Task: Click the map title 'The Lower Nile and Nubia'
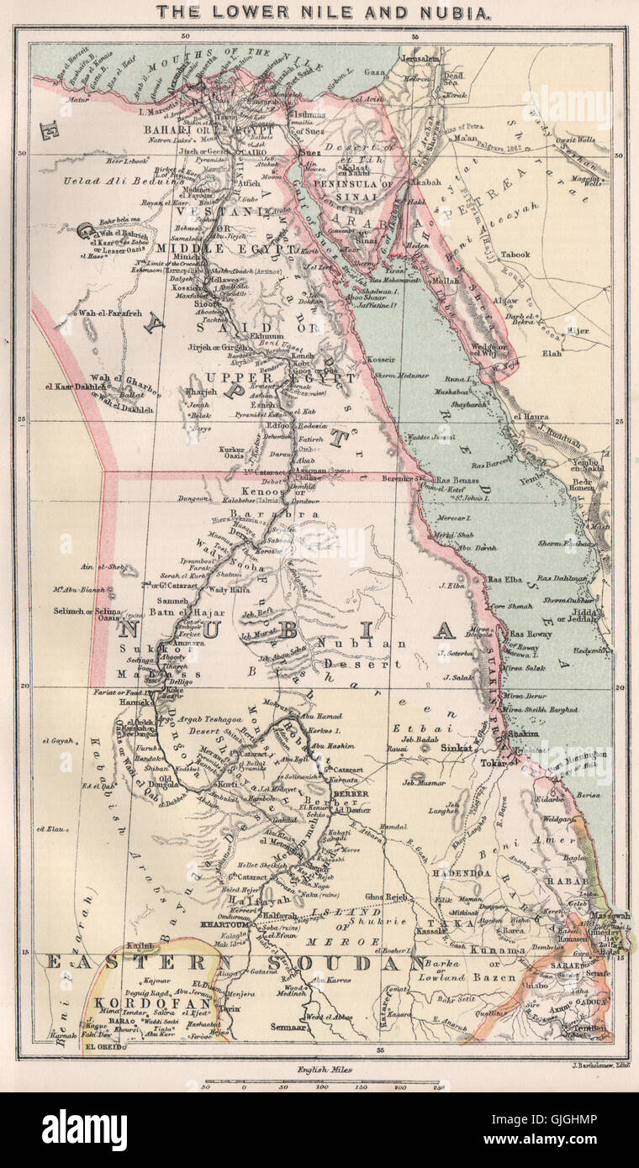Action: point(320,12)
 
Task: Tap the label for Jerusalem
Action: point(420,59)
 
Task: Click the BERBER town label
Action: point(352,792)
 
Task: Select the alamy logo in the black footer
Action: point(84,1129)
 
